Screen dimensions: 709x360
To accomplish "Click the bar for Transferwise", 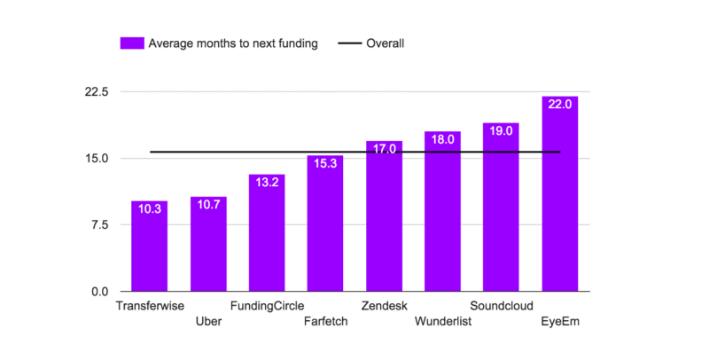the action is point(149,246).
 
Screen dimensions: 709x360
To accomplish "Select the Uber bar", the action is point(208,244).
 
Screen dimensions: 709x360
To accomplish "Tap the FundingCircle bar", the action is point(267,233).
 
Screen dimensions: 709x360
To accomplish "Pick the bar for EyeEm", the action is point(560,193).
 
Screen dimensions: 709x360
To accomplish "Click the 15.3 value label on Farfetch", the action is point(325,164).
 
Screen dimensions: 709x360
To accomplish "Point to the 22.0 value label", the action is point(560,105).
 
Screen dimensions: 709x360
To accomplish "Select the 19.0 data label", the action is point(501,131).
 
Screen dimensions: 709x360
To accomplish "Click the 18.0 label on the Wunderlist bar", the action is point(442,140).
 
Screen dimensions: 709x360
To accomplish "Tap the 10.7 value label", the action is point(208,205).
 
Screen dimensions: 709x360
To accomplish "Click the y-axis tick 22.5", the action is point(97,92).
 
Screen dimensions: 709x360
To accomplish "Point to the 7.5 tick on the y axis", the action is point(100,225).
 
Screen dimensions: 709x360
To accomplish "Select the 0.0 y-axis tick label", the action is point(100,292).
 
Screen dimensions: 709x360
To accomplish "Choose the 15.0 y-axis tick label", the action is point(97,159).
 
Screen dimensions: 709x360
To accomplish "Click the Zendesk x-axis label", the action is point(385,306).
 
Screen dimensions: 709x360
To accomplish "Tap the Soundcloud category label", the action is point(502,306).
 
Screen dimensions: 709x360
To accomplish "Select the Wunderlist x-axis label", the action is point(443,322).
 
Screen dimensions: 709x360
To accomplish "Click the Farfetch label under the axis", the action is point(325,322).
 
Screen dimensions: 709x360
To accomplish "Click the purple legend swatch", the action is point(132,43).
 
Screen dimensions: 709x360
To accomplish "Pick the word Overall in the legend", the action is point(386,43).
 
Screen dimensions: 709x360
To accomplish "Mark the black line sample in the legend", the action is point(350,43).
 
